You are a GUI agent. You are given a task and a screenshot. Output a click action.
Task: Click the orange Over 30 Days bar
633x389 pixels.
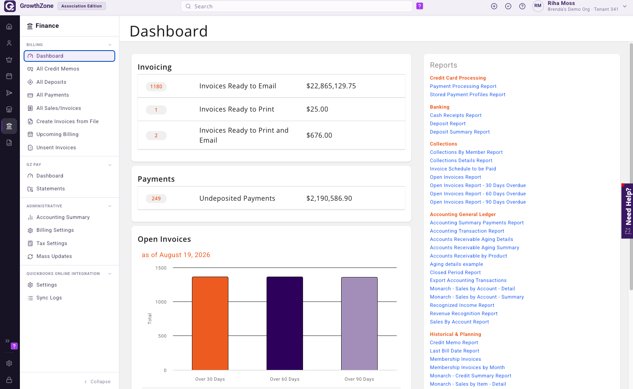pos(210,323)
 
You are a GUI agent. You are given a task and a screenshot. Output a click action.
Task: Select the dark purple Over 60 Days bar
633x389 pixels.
pos(284,323)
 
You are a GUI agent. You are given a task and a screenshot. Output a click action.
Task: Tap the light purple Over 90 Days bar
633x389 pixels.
pos(359,323)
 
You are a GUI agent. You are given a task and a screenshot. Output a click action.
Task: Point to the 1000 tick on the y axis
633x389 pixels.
pos(161,302)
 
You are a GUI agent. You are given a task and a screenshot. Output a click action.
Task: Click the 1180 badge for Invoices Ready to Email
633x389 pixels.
pos(156,87)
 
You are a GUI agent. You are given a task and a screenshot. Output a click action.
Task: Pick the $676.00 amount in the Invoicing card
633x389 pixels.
pos(319,136)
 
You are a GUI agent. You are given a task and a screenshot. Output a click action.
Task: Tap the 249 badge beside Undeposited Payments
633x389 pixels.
pos(156,199)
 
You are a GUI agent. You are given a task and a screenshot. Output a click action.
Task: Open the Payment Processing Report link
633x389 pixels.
pos(463,86)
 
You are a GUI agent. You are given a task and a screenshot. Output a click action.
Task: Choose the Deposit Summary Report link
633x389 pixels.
pos(460,132)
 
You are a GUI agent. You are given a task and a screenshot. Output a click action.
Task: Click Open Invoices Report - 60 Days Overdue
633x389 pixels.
pos(478,194)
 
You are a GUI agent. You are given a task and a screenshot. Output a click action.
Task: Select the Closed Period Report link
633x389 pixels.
pos(455,272)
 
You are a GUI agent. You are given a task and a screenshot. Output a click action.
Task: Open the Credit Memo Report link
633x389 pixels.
pos(454,343)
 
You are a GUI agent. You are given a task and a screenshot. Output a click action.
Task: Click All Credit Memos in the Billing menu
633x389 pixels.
pos(58,69)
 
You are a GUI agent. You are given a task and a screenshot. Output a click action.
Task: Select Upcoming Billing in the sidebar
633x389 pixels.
pos(57,134)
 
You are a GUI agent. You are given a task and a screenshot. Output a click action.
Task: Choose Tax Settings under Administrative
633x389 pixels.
pos(52,243)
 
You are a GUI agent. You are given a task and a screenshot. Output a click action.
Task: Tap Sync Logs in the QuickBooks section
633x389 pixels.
pos(49,298)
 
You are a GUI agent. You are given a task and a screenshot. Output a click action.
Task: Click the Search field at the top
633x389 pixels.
pos(296,6)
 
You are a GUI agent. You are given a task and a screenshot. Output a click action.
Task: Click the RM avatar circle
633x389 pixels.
pos(538,6)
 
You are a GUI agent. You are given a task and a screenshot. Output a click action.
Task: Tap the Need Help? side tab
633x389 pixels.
pos(627,211)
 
